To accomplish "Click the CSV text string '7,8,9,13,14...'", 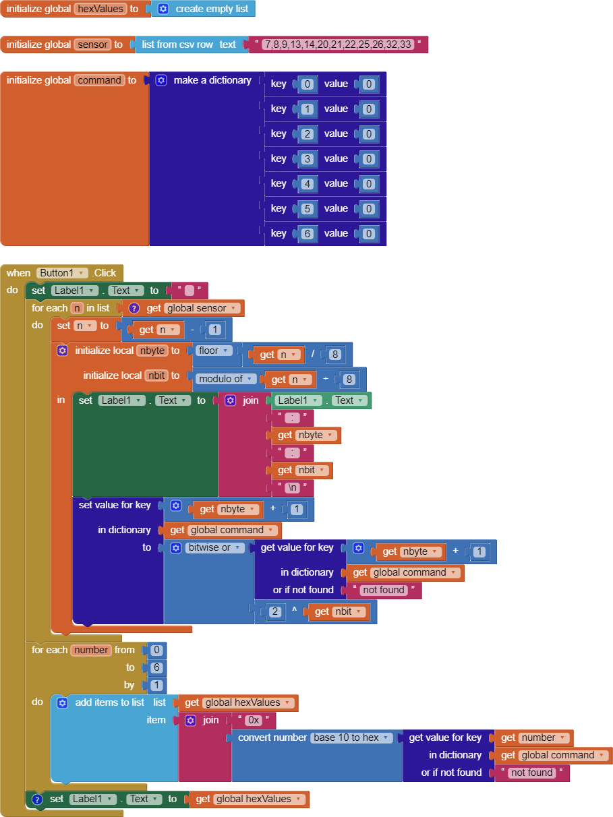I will pos(337,44).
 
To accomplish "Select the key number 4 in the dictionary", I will pos(308,183).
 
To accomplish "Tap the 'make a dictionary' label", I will pos(212,80).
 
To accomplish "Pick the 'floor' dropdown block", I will pos(214,351).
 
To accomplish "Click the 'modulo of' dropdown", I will pos(226,379).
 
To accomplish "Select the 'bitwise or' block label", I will pos(214,547).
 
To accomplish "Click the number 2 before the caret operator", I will pos(274,611).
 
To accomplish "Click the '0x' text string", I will pos(254,720).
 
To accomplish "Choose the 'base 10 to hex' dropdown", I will pos(351,737).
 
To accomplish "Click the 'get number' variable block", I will pos(533,737).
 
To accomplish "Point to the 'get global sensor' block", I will pos(196,308).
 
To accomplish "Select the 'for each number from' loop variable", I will pos(91,650).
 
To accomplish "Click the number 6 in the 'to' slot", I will pos(156,667).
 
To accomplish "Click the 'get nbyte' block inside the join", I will pos(305,435).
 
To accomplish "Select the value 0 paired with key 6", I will pos(368,233).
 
